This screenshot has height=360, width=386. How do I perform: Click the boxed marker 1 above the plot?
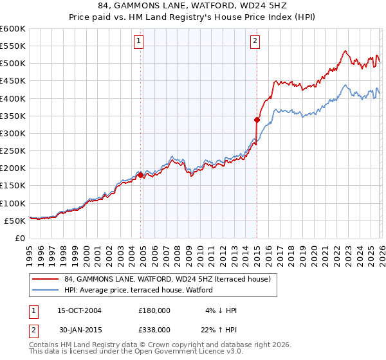(139, 42)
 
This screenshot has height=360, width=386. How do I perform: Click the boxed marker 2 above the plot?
(255, 42)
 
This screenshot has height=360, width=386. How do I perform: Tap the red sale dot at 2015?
(257, 120)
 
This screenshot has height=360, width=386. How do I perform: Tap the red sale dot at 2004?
(140, 175)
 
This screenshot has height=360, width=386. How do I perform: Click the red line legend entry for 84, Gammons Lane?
(170, 279)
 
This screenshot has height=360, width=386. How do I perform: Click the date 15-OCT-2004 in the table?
(79, 310)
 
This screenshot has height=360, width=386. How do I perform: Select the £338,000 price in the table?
(154, 329)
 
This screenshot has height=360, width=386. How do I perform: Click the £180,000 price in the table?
(154, 310)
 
